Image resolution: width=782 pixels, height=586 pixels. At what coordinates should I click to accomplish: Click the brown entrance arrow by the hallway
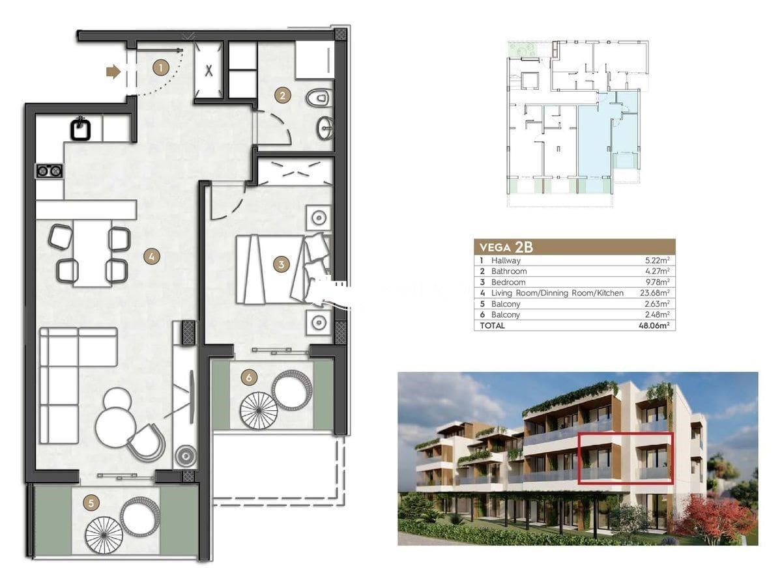pyautogui.click(x=113, y=72)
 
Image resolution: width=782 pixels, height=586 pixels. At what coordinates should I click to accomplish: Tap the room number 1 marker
pyautogui.click(x=161, y=67)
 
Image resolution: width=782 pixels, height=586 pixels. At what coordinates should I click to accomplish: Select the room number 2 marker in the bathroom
pyautogui.click(x=283, y=95)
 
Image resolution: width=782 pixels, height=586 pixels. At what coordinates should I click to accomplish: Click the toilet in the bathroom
pyautogui.click(x=319, y=98)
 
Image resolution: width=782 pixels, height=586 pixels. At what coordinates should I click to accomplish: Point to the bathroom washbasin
pyautogui.click(x=325, y=128)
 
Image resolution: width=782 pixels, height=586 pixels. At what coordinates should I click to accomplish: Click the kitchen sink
pyautogui.click(x=81, y=128)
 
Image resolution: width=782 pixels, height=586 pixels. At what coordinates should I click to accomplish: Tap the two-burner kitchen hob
pyautogui.click(x=50, y=171)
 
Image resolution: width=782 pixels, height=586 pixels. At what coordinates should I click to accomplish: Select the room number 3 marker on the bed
pyautogui.click(x=281, y=264)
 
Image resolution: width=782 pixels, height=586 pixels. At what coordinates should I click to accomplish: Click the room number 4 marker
pyautogui.click(x=151, y=257)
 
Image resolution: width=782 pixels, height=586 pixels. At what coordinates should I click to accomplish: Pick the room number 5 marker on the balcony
pyautogui.click(x=91, y=503)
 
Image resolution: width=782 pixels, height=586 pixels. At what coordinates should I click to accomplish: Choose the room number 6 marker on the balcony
pyautogui.click(x=249, y=377)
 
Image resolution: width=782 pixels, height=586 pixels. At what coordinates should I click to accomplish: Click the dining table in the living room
pyautogui.click(x=93, y=253)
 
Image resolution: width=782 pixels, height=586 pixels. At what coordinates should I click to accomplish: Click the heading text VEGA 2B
pyautogui.click(x=506, y=247)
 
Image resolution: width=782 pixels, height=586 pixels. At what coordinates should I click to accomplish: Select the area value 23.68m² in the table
pyautogui.click(x=655, y=293)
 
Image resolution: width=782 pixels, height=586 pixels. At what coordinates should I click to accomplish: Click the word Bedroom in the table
pyautogui.click(x=508, y=282)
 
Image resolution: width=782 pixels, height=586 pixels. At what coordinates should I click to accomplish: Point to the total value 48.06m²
pyautogui.click(x=654, y=325)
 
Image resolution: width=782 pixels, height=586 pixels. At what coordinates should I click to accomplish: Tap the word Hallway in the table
pyautogui.click(x=506, y=261)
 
